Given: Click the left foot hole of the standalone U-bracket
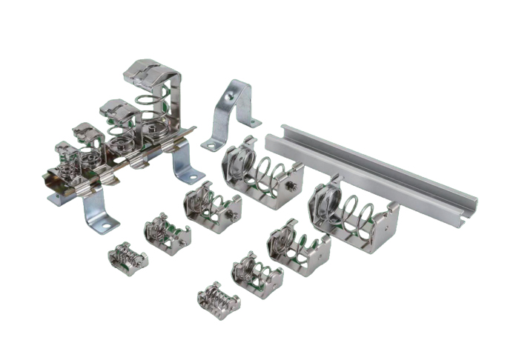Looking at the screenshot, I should pyautogui.click(x=212, y=145).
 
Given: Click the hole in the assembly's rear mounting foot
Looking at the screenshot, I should pyautogui.click(x=191, y=176).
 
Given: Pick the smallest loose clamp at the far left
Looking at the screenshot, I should pyautogui.click(x=128, y=257).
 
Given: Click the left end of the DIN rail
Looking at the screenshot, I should pyautogui.click(x=274, y=133).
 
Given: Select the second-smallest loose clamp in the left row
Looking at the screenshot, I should pyautogui.click(x=168, y=233).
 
